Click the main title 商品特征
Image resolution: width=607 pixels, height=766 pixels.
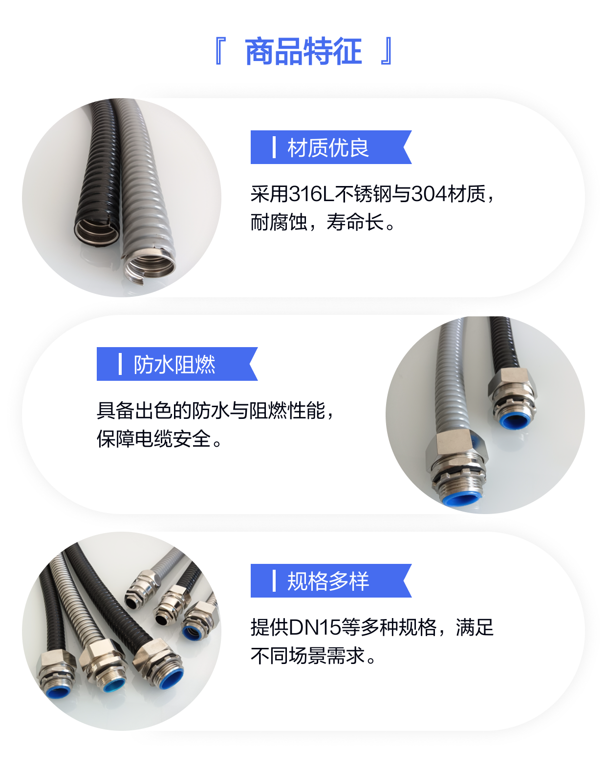pos(303,52)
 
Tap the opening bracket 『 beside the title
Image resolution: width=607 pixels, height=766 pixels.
pos(219,51)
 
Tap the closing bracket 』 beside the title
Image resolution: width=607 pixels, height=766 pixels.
pos(387,51)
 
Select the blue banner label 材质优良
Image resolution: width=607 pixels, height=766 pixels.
pos(328,147)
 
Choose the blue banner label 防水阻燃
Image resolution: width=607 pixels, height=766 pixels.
pos(174,364)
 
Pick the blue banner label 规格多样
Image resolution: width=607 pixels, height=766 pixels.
pos(328,581)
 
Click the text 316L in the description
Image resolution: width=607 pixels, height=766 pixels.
pos(311,194)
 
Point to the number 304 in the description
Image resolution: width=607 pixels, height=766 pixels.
pos(429,194)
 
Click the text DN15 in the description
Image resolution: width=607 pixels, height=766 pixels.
pos(315,627)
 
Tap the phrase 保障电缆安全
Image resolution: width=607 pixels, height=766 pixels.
pos(154,438)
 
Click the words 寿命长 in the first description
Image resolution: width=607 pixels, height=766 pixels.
pos(355,222)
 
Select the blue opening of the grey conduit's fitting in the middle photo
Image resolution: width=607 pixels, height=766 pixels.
pos(461,499)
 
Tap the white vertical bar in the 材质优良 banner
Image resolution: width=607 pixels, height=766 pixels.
pos(274,147)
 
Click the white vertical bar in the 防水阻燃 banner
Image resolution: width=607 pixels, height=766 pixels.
pos(120,364)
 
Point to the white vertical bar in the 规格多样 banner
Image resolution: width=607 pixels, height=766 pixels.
pos(274,581)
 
